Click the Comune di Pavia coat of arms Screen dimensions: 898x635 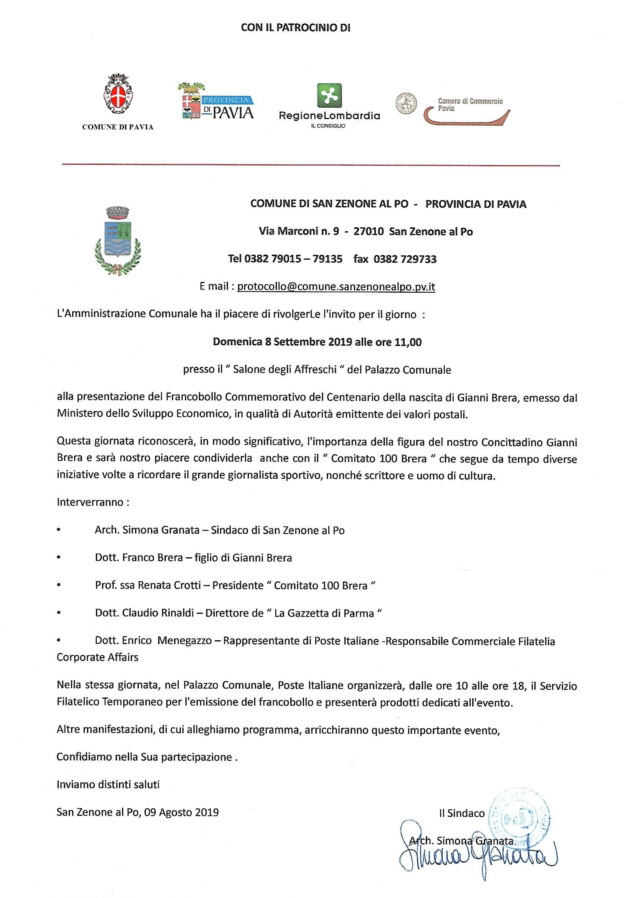click(x=118, y=96)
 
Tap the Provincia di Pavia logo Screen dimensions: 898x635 click(x=216, y=102)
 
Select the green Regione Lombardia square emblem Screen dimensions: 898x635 click(x=329, y=96)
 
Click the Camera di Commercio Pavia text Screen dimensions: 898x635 click(x=470, y=104)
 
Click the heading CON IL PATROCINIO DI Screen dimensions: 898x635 click(x=295, y=28)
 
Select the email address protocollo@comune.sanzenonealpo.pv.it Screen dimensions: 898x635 click(x=336, y=287)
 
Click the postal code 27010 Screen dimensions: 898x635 click(x=368, y=232)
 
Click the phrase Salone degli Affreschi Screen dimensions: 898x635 click(x=284, y=369)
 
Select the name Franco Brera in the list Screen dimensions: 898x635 click(x=152, y=557)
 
